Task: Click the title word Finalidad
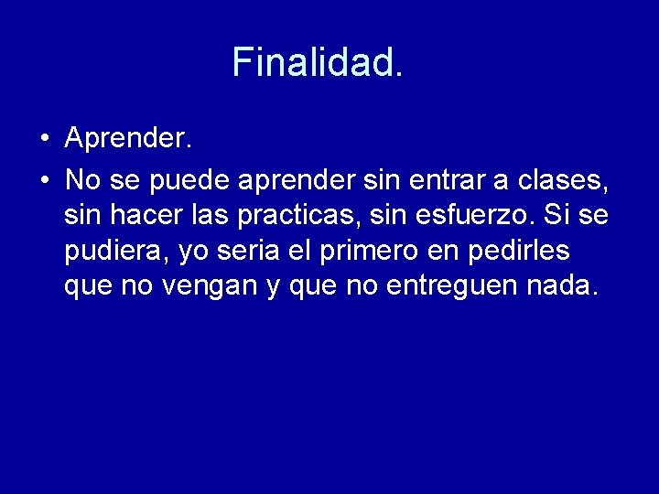coord(317,62)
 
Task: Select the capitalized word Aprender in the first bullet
coord(128,139)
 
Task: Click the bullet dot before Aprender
coord(44,140)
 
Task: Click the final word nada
coord(564,286)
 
